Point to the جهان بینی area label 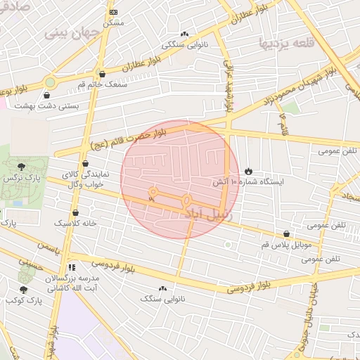[69, 33]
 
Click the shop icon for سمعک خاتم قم [103, 74]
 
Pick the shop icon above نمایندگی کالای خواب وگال [85, 163]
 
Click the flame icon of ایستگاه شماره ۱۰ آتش [248, 171]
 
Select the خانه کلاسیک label [76, 223]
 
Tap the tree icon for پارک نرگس [22, 167]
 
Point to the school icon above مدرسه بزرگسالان [72, 267]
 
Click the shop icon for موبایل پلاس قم [286, 234]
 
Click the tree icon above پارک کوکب [23, 290]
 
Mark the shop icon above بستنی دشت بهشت [47, 96]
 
